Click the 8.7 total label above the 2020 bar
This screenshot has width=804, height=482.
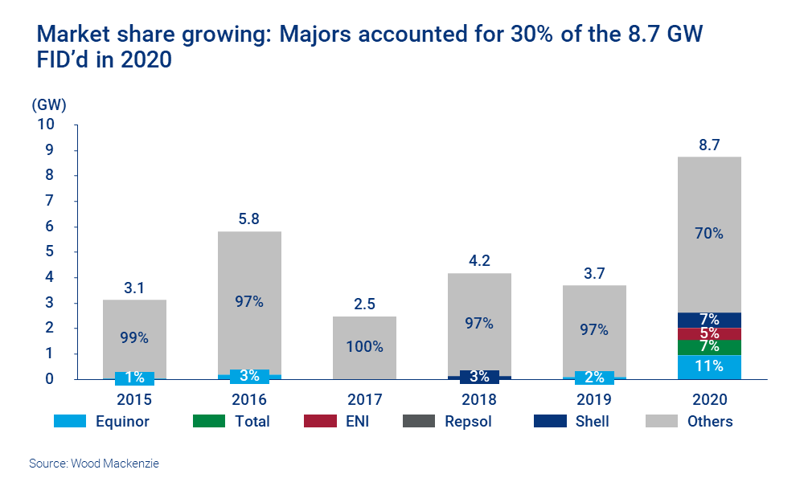[x=709, y=145]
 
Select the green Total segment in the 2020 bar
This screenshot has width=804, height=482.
[x=709, y=347]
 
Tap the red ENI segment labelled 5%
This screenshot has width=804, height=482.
[x=709, y=333]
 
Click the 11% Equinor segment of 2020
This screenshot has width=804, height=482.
[x=709, y=366]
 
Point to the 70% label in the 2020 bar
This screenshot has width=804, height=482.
[x=709, y=234]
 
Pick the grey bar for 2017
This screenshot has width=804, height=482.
[x=365, y=347]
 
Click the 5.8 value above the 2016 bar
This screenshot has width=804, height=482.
[x=249, y=219]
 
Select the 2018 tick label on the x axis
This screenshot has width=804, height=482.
[x=480, y=398]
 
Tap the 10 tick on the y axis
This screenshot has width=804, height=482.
[x=45, y=125]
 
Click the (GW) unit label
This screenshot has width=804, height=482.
[x=49, y=104]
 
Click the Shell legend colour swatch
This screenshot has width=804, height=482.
[x=552, y=421]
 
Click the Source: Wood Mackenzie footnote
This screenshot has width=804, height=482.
[x=94, y=464]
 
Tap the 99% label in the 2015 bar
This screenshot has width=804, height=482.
[x=134, y=338]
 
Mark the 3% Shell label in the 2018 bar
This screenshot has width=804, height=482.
[x=480, y=376]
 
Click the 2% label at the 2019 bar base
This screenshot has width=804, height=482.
[x=595, y=377]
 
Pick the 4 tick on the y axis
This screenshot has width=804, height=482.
[x=48, y=277]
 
